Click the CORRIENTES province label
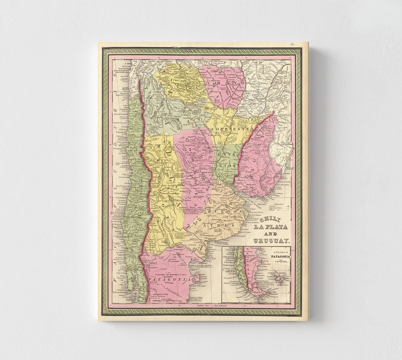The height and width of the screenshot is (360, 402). [x=228, y=129]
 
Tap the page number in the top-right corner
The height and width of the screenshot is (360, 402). [x=294, y=44]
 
